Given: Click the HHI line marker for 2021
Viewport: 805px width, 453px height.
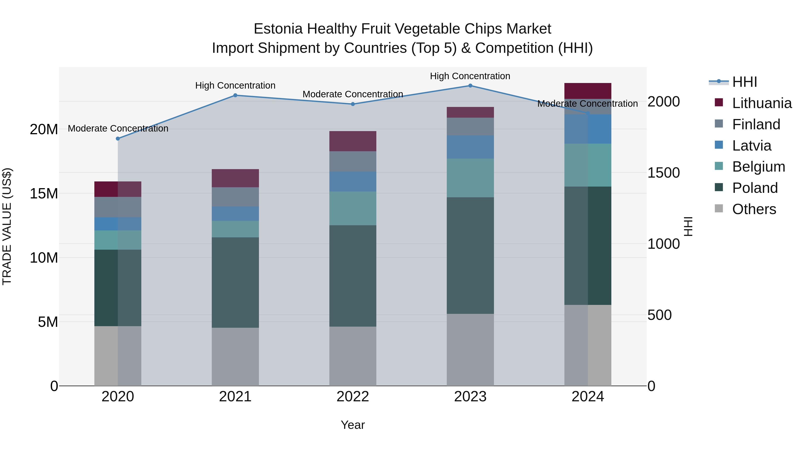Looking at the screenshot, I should coord(235,95).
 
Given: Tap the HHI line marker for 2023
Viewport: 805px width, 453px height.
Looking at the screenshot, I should coord(470,86).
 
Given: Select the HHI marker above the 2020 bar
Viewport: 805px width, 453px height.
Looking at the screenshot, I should coord(118,138).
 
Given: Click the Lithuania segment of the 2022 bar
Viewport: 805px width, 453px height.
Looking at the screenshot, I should coord(353,141).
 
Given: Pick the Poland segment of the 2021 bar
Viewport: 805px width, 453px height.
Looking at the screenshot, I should coord(235,282).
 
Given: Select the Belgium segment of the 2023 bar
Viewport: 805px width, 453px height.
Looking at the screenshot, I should coord(470,178).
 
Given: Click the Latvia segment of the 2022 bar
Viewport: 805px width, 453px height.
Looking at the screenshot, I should coord(353,182).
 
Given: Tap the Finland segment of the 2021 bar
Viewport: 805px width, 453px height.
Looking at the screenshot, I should coord(235,197).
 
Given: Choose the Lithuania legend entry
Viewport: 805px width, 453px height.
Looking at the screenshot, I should coord(762,103).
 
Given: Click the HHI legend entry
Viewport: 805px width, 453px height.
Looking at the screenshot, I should coord(744,82).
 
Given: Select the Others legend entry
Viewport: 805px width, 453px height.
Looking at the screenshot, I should coord(754,209).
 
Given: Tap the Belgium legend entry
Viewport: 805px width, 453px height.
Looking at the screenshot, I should coord(758,167).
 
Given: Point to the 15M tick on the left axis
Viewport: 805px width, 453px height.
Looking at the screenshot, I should coord(44,194).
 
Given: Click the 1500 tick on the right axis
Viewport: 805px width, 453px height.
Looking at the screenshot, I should coord(663,172).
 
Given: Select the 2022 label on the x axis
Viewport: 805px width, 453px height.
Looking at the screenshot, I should coord(353,397).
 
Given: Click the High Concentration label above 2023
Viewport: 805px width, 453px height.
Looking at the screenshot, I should coord(470,76).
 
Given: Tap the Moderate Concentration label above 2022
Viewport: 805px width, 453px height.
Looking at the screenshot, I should coord(353,94).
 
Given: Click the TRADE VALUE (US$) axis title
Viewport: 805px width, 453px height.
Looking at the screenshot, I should coord(7,226).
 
